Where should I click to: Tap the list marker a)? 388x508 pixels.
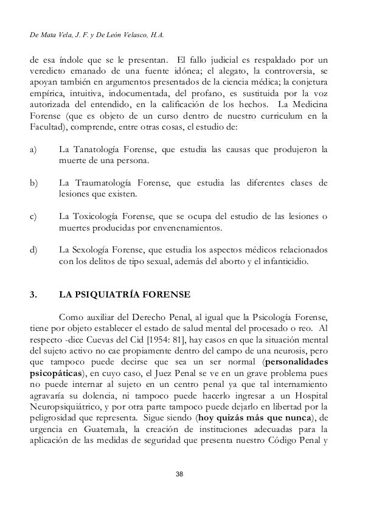coord(35,150)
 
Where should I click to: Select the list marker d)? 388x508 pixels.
coord(35,251)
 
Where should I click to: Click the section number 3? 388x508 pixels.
coord(33,296)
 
